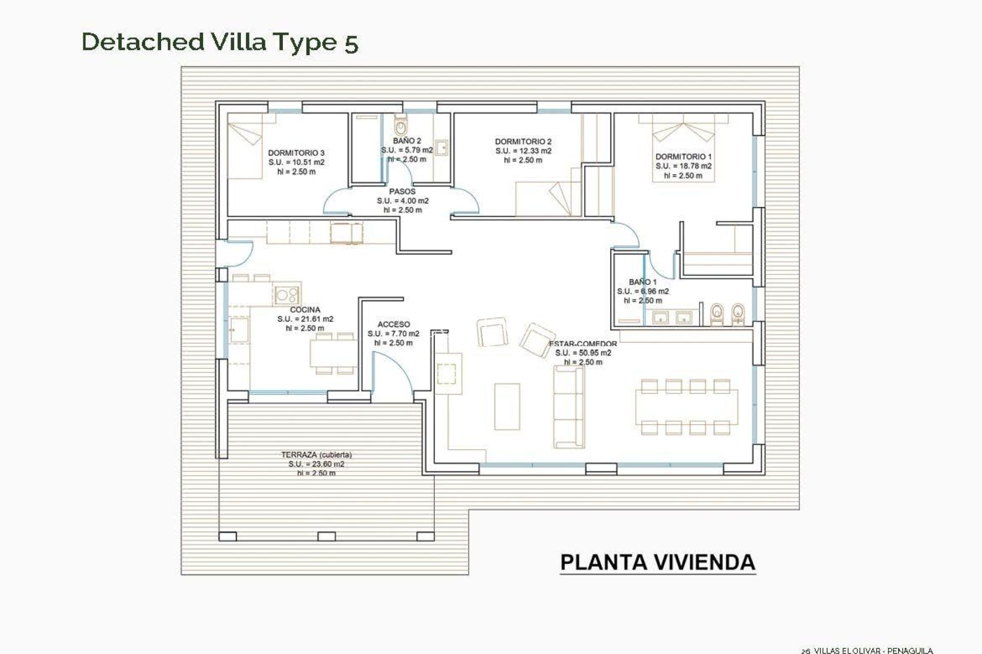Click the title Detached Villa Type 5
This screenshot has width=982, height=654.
point(220,42)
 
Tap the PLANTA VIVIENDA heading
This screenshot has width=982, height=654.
point(657,562)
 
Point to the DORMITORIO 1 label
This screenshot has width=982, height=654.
point(683,157)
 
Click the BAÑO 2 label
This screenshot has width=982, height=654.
point(407,141)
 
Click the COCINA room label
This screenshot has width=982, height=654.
point(305,310)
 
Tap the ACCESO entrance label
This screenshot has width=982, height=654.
point(393,324)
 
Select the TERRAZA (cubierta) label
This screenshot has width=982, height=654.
point(316,455)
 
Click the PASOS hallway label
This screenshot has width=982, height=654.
point(403,192)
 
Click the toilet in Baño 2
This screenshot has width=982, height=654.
point(400,125)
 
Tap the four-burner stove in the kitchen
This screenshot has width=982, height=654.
point(286,295)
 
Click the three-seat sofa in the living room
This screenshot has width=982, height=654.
point(569,400)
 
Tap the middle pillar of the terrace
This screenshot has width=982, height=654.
point(326,536)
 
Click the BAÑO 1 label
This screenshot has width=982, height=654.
point(642,282)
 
